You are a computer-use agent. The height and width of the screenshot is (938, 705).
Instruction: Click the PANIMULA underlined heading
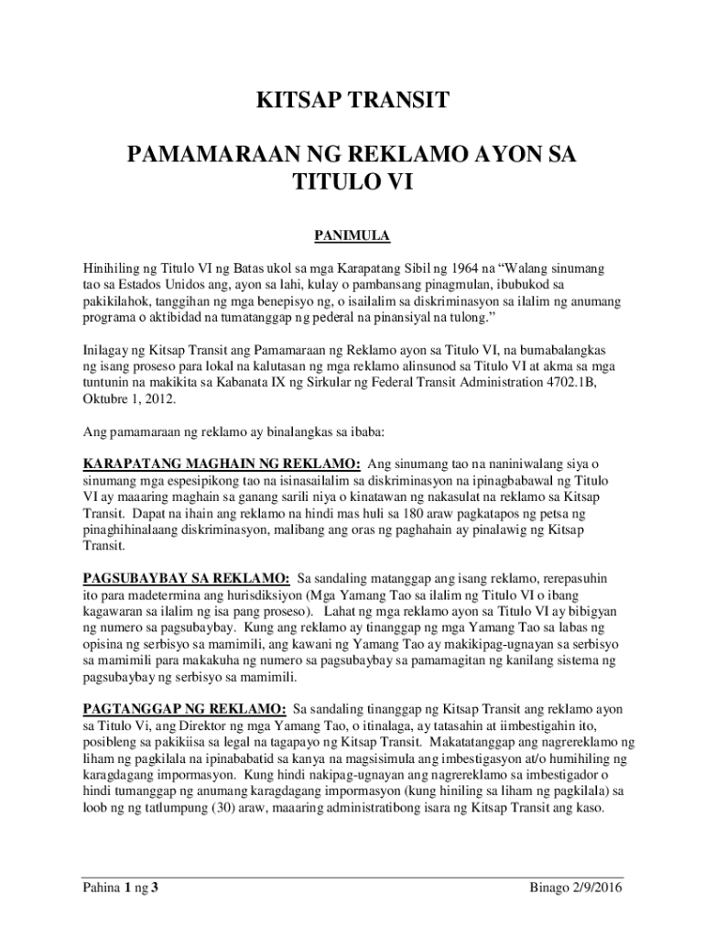pyautogui.click(x=352, y=237)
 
